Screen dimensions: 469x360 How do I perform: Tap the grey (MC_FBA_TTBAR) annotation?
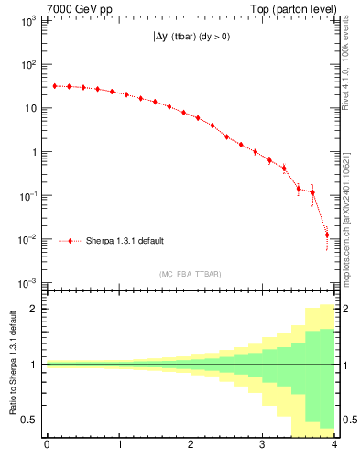point(190,274)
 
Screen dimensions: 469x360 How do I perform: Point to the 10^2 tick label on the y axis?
point(27,64)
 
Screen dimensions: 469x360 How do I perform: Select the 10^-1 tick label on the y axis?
point(27,196)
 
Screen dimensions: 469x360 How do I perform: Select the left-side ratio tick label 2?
point(34,309)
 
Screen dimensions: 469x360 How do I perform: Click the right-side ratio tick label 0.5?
point(347,420)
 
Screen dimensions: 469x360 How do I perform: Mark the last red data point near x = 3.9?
point(327,235)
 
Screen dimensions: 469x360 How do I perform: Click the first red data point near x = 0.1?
point(54,86)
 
